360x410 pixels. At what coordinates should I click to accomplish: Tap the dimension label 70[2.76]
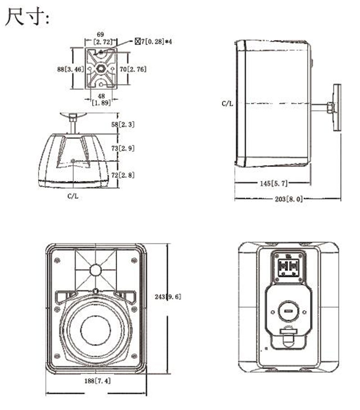(134, 69)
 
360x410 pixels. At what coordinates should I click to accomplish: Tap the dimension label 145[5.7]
(273, 183)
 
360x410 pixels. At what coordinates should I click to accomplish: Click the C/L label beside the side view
(228, 104)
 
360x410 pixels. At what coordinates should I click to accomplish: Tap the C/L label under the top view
(73, 196)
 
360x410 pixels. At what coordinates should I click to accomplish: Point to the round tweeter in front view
(95, 270)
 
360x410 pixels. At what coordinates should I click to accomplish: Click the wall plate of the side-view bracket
(337, 108)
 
